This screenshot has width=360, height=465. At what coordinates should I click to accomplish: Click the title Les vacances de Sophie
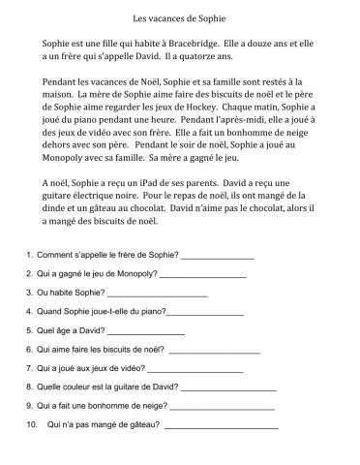(x=180, y=17)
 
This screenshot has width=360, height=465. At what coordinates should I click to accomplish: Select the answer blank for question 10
(x=223, y=425)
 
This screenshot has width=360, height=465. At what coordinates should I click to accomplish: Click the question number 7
(x=29, y=369)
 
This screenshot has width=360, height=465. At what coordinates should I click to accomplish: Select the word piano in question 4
(x=154, y=313)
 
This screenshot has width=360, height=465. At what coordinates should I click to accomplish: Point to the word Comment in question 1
(x=54, y=258)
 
